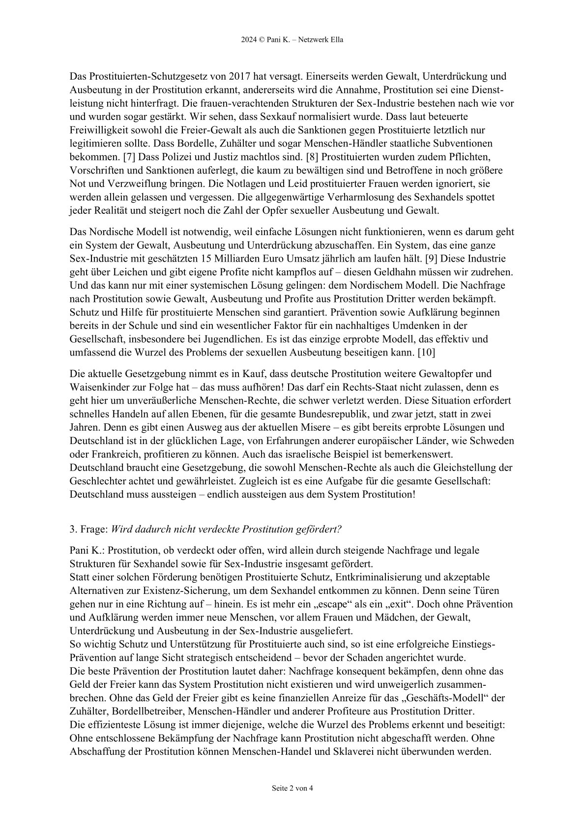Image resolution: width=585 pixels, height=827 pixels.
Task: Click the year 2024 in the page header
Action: [x=249, y=40]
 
